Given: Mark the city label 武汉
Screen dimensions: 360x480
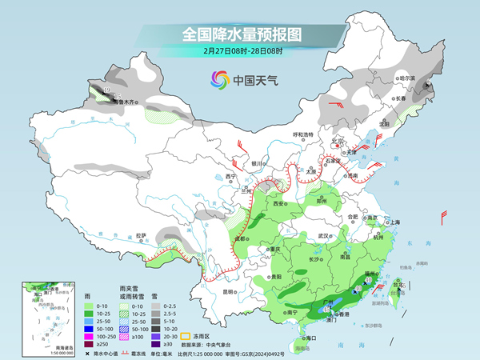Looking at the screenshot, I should pyautogui.click(x=323, y=236).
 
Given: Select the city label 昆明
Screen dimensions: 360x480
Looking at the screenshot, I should pyautogui.click(x=228, y=292).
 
